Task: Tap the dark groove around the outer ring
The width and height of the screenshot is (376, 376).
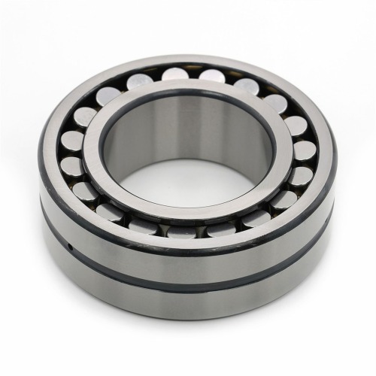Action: coord(188,282)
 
